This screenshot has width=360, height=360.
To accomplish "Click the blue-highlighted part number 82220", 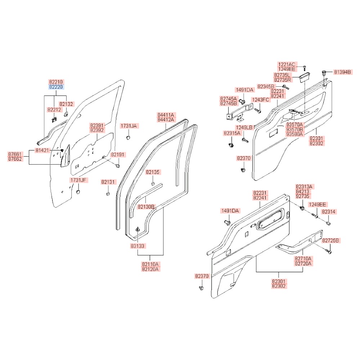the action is coord(56,87).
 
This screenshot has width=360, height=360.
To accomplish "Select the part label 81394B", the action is coord(342,72).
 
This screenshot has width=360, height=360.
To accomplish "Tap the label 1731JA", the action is coord(129,126).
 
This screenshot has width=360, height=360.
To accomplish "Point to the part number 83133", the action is coord(138,246).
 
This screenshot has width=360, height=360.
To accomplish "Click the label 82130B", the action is coord(146,207).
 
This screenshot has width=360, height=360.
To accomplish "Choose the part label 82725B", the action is coord(330,240).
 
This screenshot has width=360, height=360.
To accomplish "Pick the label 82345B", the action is coord(266,86).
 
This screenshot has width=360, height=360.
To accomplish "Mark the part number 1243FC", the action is coord(260,100).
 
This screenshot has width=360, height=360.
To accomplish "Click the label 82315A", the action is coord(232,133).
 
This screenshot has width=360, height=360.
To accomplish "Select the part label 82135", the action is coord(153,172).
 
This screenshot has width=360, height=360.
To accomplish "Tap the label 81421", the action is coord(42,150).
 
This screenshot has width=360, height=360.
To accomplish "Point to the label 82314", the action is coord(329,212).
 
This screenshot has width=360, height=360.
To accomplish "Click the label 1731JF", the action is coord(78,180).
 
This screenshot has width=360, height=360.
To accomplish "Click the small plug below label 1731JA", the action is coord(129,138).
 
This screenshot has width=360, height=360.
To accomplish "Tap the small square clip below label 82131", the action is coord(108,194).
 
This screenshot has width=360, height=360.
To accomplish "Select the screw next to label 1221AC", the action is coord(305,68).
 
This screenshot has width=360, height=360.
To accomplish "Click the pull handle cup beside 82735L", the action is coord(305,77).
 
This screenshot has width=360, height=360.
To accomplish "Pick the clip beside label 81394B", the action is coord(325,73).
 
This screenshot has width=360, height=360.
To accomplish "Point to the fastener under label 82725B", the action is coord(329,252).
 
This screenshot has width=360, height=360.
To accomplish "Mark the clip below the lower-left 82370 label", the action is coord(201,288).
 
